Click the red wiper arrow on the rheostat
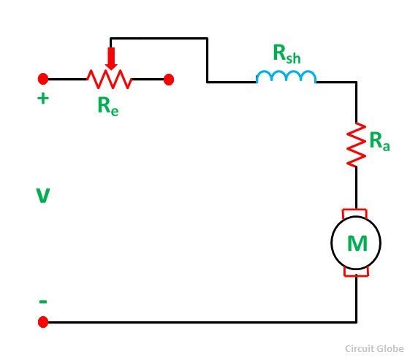point(111,58)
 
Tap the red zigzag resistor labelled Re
point(110,79)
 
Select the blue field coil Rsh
point(286,77)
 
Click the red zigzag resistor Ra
point(356,145)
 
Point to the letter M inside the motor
point(357,243)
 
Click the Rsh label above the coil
point(286,54)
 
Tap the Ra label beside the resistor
point(379,142)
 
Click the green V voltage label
point(42,196)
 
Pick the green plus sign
point(43,99)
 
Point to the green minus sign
point(43,302)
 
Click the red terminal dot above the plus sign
point(43,79)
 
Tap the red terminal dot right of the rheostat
point(169,80)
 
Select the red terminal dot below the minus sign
point(43,322)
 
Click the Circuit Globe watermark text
point(374,349)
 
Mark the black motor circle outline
point(331,243)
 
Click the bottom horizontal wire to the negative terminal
point(202,322)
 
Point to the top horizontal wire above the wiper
point(159,39)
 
